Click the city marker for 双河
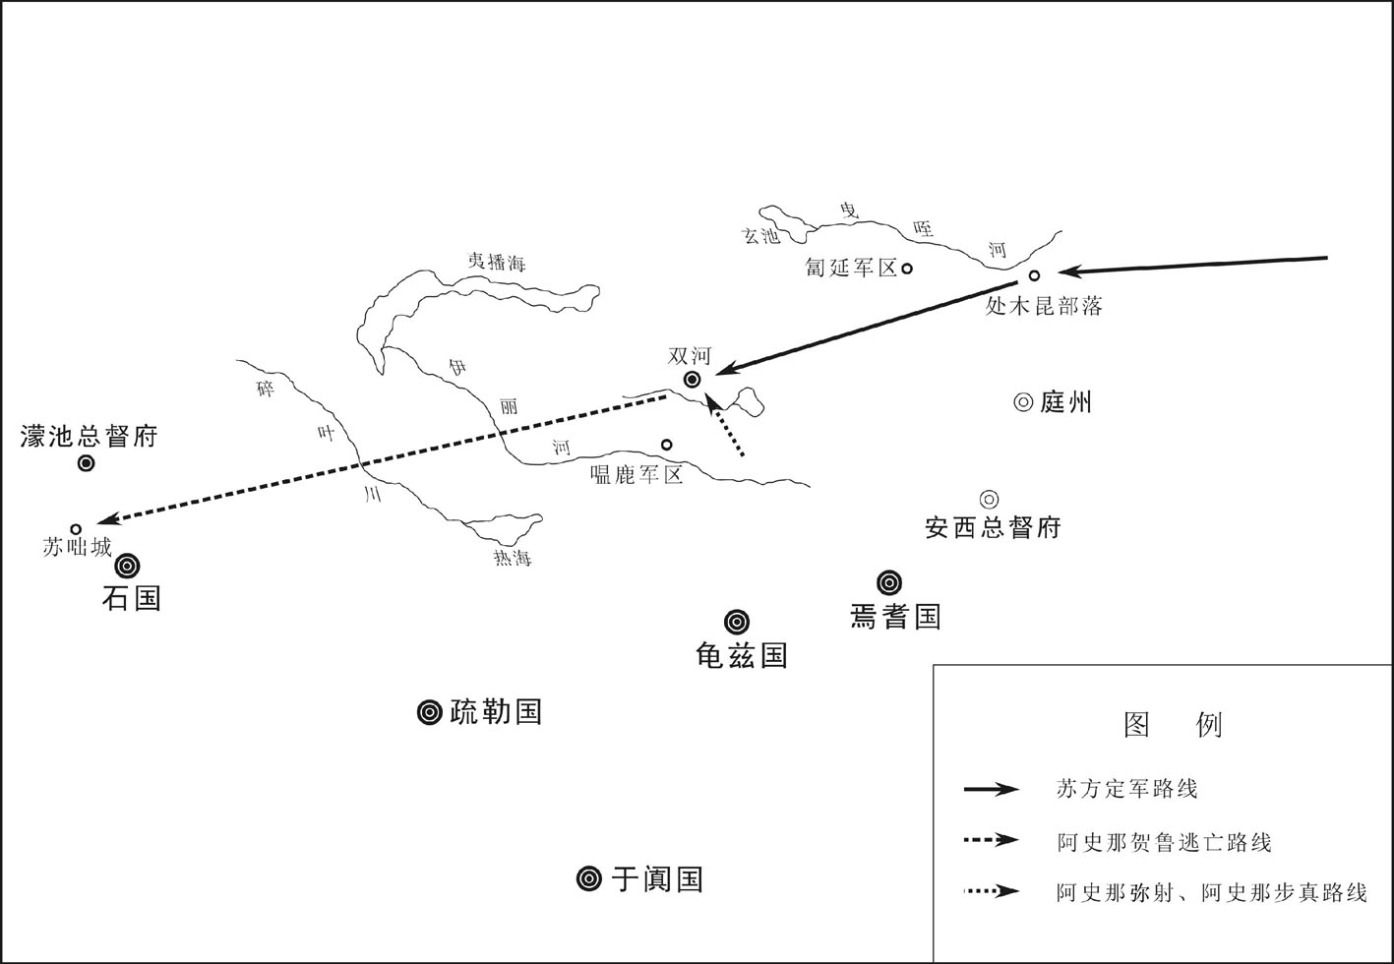(x=692, y=379)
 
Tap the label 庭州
(x=1065, y=402)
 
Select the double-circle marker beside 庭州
(x=1023, y=402)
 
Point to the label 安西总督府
(x=993, y=528)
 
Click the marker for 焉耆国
(x=889, y=582)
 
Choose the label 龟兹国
(x=742, y=655)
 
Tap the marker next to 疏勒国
(x=429, y=712)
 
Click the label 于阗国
(x=657, y=879)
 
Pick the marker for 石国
(x=128, y=566)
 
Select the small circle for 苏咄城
(x=76, y=529)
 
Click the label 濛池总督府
(x=89, y=436)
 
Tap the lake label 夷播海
(x=497, y=262)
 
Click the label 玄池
(x=759, y=235)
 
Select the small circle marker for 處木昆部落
(x=1034, y=275)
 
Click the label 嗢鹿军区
(x=636, y=475)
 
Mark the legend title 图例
(x=1173, y=725)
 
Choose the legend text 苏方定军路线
(x=1127, y=789)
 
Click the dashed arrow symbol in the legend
(x=992, y=840)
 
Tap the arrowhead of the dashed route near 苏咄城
(x=106, y=519)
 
